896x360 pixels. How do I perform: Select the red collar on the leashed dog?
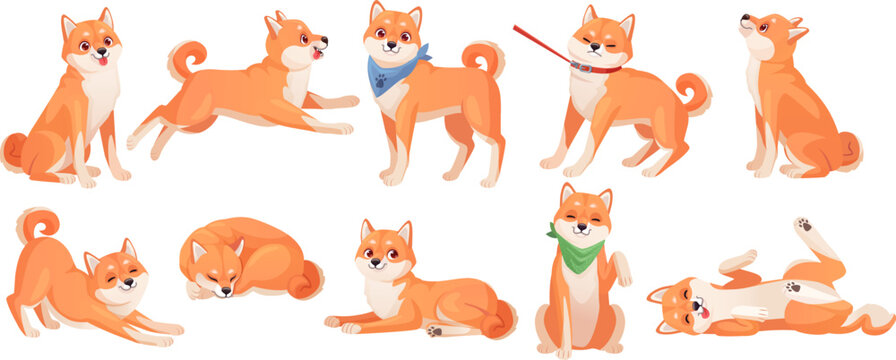(594, 68)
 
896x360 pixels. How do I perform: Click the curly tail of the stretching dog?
(36, 222)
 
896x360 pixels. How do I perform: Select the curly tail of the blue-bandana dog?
(485, 57)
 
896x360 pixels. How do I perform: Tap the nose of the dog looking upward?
(745, 17)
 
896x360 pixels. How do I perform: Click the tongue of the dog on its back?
(703, 312)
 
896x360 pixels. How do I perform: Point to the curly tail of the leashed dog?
(693, 93)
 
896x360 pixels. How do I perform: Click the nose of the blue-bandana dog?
(393, 48)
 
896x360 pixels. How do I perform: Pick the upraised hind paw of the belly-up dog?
(803, 226)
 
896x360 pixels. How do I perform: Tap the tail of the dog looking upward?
(849, 150)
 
